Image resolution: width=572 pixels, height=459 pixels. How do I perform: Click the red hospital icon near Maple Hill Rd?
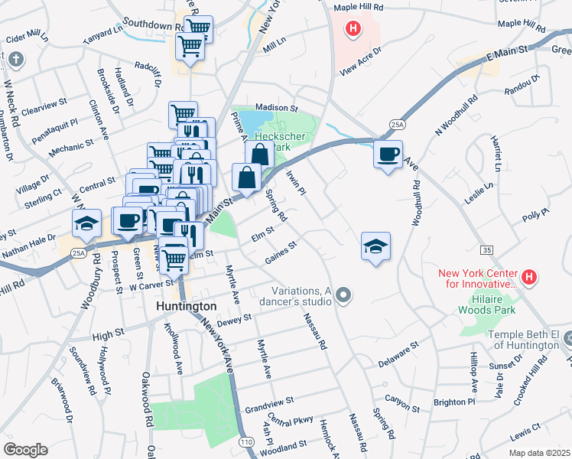pos(353,30)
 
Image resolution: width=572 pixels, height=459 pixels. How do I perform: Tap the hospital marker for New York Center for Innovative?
pos(528,277)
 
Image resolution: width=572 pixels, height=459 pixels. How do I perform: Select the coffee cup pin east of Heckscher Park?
pos(388,155)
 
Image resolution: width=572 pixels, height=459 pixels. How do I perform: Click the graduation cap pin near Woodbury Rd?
pos(86,223)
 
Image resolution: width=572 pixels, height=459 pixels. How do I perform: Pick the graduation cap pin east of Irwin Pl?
pos(375,246)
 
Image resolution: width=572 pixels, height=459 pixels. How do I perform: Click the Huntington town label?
pos(186,305)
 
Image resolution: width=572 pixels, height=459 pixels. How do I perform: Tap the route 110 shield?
pos(246,442)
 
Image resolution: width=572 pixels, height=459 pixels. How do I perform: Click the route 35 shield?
pos(486,250)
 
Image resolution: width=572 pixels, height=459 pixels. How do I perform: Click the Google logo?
pos(25,449)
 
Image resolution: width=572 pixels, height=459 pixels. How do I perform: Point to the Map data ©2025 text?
pos(538,453)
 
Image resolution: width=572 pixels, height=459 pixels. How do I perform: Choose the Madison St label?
pos(276,108)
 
